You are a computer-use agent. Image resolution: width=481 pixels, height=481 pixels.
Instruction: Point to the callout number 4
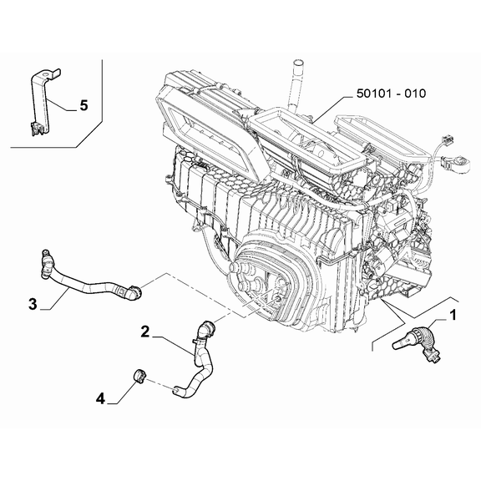pos(101,399)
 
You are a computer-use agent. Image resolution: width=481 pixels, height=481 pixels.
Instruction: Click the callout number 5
pos(83,105)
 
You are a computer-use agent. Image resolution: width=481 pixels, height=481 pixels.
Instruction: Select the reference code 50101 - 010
pos(392,94)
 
